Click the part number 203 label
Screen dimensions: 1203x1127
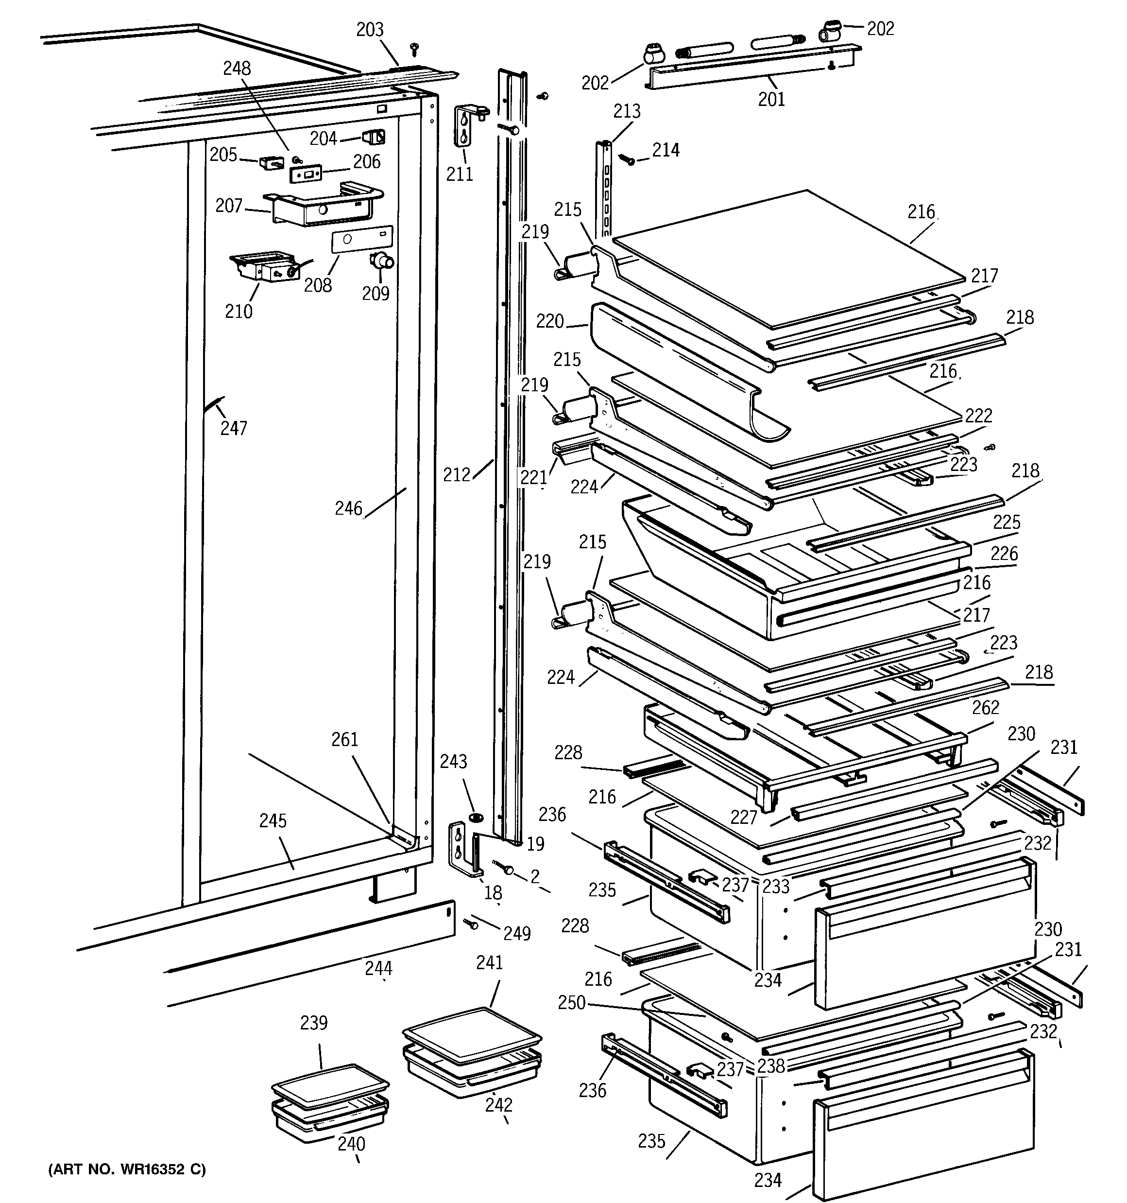point(370,30)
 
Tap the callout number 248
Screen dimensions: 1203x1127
point(237,69)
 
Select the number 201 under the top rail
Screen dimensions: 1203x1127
point(771,99)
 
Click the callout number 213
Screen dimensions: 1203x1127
point(627,111)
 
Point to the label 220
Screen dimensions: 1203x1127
point(549,321)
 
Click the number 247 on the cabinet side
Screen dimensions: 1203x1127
point(234,428)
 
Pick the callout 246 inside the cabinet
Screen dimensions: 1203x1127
point(348,508)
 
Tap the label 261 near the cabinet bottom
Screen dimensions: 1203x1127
point(344,739)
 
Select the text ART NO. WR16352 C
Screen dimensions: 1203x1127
point(127,1169)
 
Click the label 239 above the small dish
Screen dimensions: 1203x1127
point(313,1023)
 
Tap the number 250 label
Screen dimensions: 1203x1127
point(571,1003)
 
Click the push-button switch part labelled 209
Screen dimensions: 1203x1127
point(381,261)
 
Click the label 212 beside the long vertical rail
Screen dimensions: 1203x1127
point(456,475)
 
